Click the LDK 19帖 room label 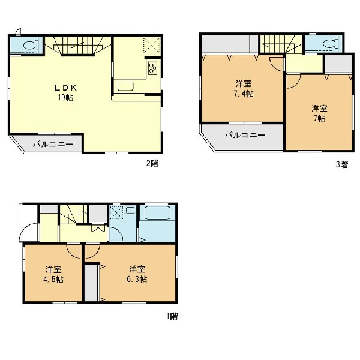click(x=65, y=93)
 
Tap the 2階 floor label click(x=152, y=163)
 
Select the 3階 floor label click(x=342, y=164)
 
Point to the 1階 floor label click(x=172, y=316)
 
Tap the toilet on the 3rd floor click(x=331, y=43)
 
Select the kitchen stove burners click(x=152, y=68)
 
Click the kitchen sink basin click(x=125, y=86)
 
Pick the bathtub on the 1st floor click(x=157, y=213)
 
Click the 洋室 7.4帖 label click(x=244, y=89)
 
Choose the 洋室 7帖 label click(x=319, y=113)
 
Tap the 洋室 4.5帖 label click(x=53, y=274)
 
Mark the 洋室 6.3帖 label click(x=137, y=274)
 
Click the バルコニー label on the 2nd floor click(x=53, y=145)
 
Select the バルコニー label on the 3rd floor click(x=245, y=135)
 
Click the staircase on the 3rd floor click(x=282, y=44)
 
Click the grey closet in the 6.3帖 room click(x=91, y=283)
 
